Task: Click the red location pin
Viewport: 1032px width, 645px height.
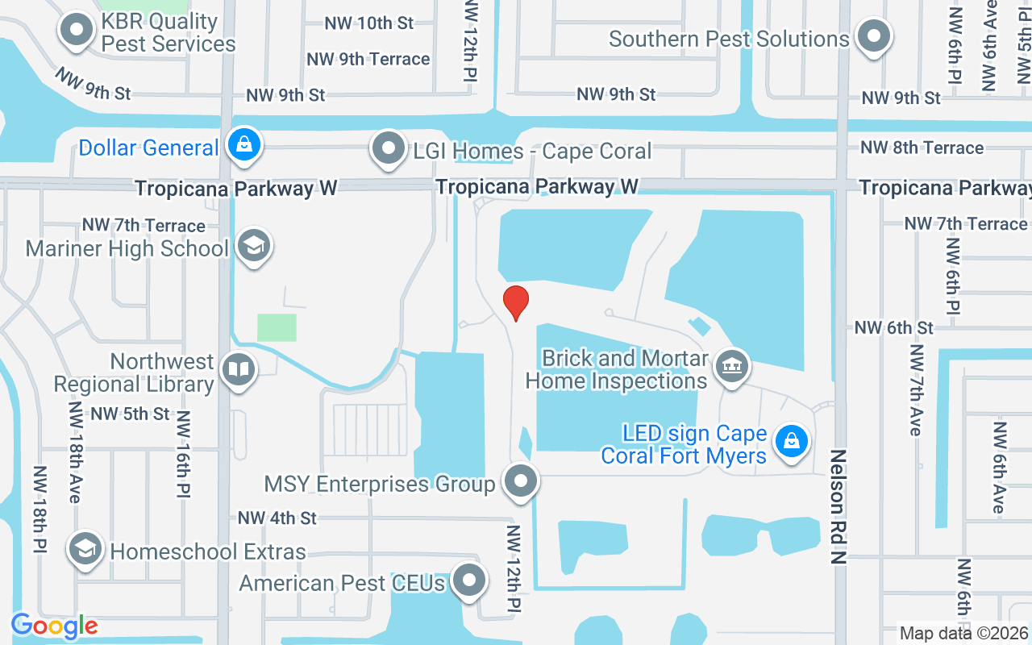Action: (x=516, y=303)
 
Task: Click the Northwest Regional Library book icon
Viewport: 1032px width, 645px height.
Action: (x=239, y=370)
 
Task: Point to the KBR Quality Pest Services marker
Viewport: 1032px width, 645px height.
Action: (x=77, y=31)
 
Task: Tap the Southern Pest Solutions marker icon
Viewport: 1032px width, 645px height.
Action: (x=873, y=36)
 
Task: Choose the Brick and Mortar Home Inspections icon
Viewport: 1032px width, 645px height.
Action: (x=733, y=367)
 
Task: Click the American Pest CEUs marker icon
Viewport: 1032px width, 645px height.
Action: (x=468, y=580)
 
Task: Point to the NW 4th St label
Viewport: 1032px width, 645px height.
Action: (x=277, y=518)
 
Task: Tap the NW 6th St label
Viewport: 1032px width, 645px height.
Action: (x=894, y=327)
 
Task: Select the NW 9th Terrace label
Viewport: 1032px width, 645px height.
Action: (x=368, y=59)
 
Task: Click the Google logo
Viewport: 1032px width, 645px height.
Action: (x=54, y=626)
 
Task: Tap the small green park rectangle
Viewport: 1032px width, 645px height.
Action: (x=277, y=327)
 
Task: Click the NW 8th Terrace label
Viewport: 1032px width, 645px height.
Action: (x=922, y=148)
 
